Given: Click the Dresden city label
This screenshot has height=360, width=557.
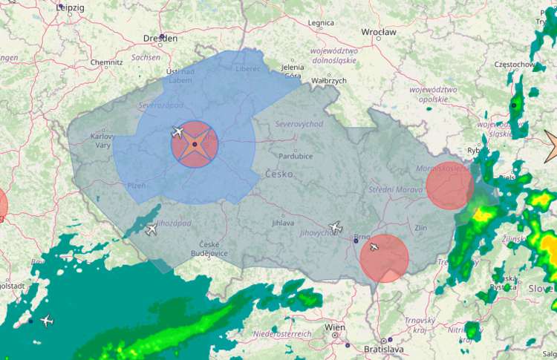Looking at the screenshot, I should click(x=160, y=37).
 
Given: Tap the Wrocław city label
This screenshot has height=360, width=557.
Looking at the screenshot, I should click(x=379, y=32).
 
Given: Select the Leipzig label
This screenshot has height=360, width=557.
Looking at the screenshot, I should click(x=71, y=7).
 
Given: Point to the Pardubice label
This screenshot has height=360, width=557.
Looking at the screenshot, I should click(x=295, y=156).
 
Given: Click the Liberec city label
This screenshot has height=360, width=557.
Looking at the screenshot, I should click(x=247, y=68).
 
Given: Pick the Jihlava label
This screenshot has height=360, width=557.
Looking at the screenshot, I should click(x=283, y=222).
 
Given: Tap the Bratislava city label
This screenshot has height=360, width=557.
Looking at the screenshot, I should click(x=383, y=348).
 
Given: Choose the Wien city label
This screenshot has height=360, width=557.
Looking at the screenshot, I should click(x=335, y=327).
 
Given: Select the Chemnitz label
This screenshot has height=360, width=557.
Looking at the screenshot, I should click(x=106, y=62).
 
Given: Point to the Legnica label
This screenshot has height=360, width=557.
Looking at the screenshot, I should click(x=321, y=23).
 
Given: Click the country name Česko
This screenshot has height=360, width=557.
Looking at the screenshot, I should click(x=279, y=174).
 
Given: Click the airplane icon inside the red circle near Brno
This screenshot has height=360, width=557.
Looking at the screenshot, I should click(x=374, y=246).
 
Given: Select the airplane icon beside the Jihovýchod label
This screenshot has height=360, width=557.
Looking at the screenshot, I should click(x=335, y=226).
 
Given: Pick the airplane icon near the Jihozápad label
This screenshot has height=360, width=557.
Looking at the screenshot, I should click(x=152, y=229).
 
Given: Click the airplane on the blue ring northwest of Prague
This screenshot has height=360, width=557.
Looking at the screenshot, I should click(x=177, y=132).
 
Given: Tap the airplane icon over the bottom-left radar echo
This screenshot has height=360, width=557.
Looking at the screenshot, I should click(x=47, y=321).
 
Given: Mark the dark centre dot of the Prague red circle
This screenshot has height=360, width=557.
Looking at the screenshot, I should click(x=195, y=144).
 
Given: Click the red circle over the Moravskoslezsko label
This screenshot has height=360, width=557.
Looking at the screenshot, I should click(x=449, y=186).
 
